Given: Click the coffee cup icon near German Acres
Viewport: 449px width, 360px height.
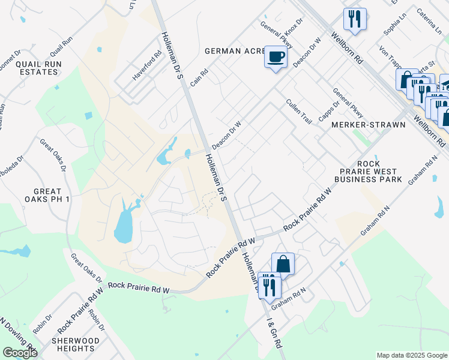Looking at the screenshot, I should [x=276, y=58].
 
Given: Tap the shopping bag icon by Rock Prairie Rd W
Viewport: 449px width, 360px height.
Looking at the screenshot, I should [x=283, y=263].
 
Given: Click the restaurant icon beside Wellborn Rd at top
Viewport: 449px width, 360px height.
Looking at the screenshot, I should [x=355, y=19].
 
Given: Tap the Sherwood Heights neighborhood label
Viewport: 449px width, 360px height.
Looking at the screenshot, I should [x=75, y=344].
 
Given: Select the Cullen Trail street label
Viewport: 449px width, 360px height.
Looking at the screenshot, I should [x=299, y=112].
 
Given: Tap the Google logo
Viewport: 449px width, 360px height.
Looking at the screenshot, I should [x=20, y=353].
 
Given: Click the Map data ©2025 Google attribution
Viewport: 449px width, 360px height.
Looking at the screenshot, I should [x=411, y=355].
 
